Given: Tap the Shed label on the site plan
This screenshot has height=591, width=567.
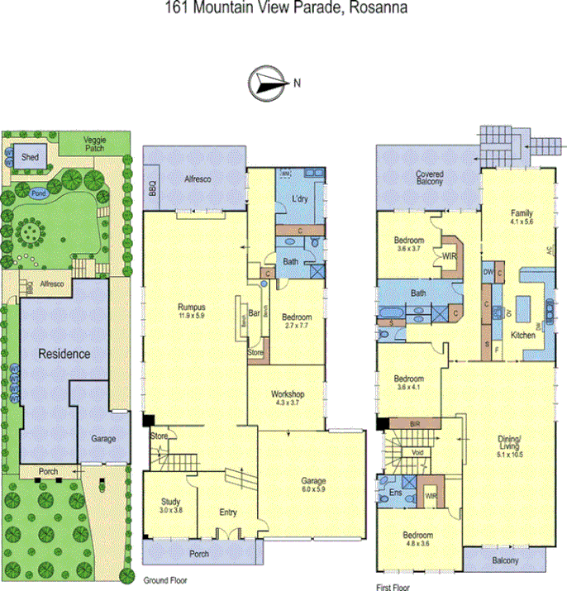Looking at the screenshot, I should (31, 156).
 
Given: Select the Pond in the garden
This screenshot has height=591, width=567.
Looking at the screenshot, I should (37, 193).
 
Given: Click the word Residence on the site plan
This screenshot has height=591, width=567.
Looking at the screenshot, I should (64, 354).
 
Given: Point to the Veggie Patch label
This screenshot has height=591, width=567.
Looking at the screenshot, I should (100, 145).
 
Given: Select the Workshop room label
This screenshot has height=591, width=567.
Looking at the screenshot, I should (288, 394).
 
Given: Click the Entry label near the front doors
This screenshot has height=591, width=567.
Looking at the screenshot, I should (227, 512).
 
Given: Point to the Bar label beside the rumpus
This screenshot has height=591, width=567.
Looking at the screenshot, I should (255, 313).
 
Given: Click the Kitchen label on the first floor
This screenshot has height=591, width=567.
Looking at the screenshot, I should (522, 336).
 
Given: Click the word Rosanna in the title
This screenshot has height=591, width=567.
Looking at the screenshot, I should (380, 9).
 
